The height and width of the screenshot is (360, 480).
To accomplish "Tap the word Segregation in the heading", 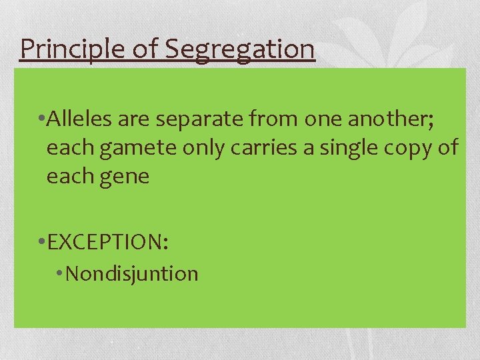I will point(238,49).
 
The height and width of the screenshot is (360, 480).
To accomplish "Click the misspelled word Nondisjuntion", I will point(132,273).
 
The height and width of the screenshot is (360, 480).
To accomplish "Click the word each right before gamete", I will point(71,147).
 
